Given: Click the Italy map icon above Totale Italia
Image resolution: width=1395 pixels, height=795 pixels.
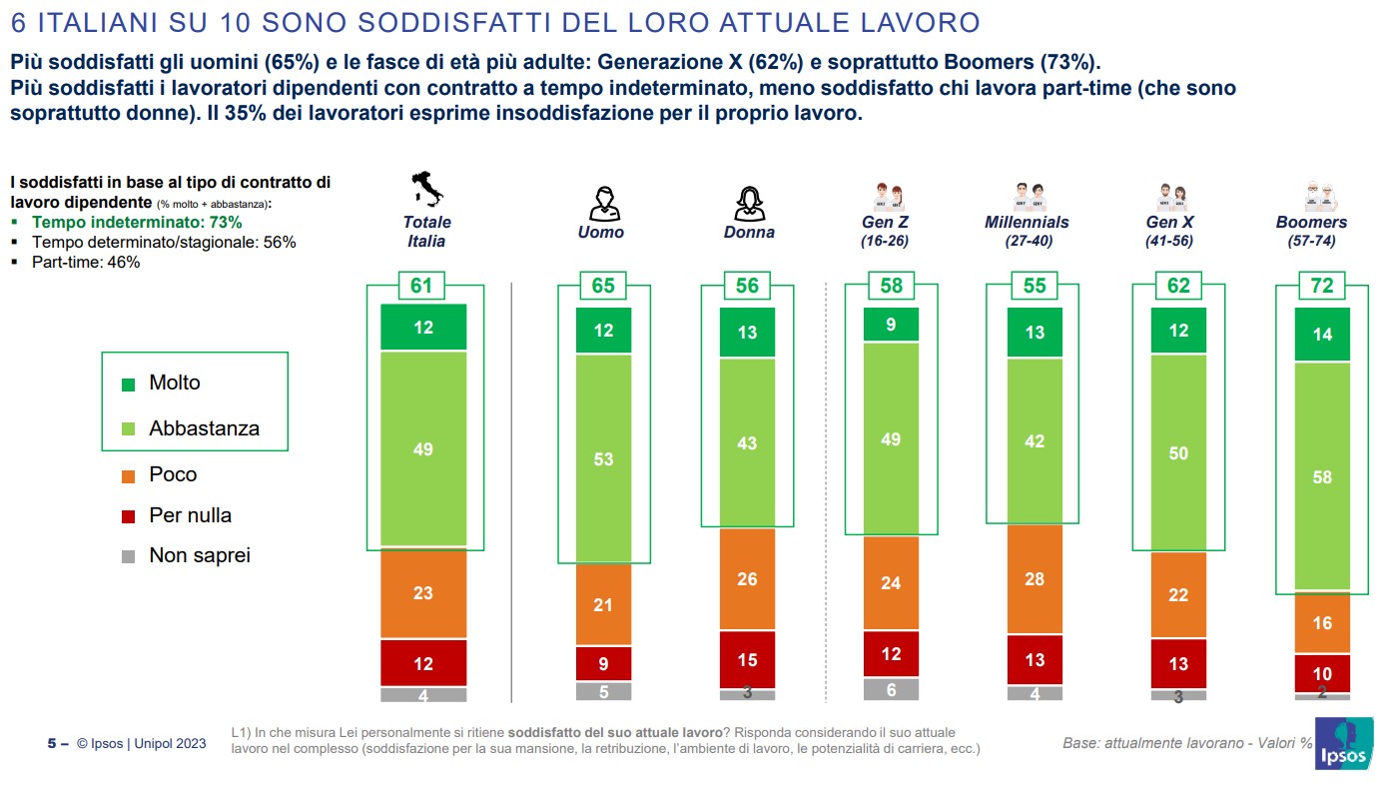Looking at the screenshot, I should point(427,190).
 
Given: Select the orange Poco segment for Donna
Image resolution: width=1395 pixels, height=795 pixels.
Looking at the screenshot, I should point(747,579).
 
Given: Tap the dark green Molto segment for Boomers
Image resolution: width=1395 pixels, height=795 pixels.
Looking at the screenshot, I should point(1322,335).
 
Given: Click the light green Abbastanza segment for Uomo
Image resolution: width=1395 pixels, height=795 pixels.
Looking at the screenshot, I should point(603,459).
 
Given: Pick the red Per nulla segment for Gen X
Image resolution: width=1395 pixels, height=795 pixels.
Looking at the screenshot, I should point(1178,664).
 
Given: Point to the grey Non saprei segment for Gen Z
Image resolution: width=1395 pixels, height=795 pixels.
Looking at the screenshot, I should point(891,689).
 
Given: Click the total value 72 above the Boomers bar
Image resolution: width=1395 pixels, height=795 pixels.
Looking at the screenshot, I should point(1322,286).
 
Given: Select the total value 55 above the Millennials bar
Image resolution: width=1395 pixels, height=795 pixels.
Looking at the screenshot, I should point(1035,286).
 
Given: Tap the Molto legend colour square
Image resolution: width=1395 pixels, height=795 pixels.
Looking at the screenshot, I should point(128,384).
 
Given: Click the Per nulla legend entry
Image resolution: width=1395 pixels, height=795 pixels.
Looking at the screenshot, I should point(189,515).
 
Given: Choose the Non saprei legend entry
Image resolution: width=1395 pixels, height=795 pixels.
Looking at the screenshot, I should point(199,556).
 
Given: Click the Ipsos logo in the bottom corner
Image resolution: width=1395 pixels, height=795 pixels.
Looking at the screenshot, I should point(1341,744).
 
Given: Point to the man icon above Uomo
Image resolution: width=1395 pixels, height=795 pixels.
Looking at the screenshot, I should point(603,203).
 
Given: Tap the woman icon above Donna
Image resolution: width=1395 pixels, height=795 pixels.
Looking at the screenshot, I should point(748,203).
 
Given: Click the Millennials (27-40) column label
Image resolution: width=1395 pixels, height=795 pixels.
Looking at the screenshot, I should point(1027,231).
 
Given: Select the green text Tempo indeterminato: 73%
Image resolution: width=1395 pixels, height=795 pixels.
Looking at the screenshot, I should point(137,223).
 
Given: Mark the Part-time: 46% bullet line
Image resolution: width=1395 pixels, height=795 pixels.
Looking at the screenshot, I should point(86,263).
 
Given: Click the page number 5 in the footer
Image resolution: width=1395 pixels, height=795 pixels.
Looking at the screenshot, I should point(52,744).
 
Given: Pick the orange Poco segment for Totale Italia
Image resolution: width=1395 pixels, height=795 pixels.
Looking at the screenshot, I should point(423,593).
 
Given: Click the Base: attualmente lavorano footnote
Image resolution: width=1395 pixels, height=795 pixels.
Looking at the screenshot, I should point(1187,744).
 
